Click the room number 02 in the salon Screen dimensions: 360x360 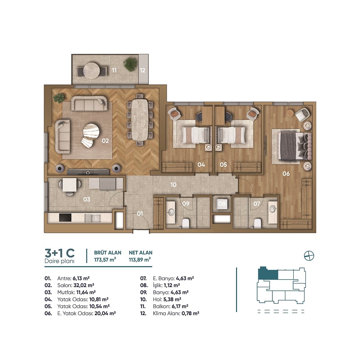[105, 141]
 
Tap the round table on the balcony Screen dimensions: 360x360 [91, 70]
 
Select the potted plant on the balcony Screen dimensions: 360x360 [130, 64]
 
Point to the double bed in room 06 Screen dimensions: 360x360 [295, 146]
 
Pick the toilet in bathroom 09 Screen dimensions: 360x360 [186, 223]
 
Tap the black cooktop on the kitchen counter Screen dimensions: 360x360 [65, 217]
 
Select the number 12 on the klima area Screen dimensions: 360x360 [142, 70]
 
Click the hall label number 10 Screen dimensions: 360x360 [173, 185]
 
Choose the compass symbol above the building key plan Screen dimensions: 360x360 [309, 256]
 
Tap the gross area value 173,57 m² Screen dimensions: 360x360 [105, 260]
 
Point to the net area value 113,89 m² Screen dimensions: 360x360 [140, 260]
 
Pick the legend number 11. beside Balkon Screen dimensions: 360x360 [143, 306]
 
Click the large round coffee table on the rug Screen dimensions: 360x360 [91, 131]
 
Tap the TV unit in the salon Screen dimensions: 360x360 [88, 172]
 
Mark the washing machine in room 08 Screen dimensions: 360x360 [222, 204]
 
